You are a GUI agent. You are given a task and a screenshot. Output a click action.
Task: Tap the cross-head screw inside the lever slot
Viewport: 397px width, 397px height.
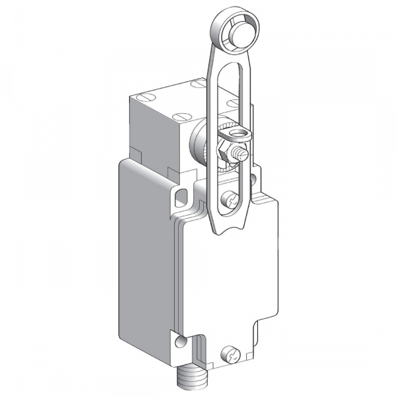tap(230, 197)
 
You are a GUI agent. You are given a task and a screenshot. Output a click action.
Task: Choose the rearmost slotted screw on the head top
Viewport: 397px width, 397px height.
tap(198, 84)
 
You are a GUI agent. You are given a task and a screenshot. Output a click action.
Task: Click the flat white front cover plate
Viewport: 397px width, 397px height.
tap(228, 278)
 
